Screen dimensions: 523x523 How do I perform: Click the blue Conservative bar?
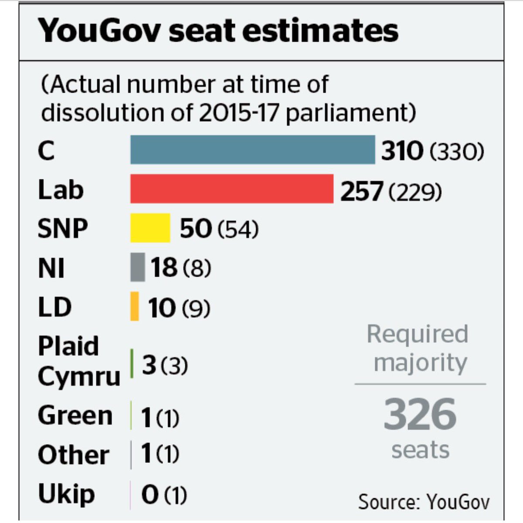coord(252,149)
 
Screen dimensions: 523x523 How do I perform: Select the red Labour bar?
coord(232,189)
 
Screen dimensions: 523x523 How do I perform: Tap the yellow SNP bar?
coord(150,228)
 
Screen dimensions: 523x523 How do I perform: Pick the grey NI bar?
coord(137,267)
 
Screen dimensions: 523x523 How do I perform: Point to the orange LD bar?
coord(135,306)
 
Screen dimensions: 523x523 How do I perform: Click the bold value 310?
coord(402,151)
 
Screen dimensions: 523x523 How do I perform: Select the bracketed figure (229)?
coord(415,192)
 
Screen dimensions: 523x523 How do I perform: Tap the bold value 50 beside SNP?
coord(196,229)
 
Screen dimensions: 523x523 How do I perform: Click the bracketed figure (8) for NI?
coord(197,268)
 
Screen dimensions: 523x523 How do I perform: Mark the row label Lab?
coord(60,190)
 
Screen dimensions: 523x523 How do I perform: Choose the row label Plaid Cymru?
coord(78,361)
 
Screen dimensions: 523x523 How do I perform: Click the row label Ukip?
coord(66,494)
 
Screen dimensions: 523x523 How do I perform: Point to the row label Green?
coord(75,415)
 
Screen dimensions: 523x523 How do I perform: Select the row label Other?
coord(73,455)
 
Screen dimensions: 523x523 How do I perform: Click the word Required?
coord(417,334)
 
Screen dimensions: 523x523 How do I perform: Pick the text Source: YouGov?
coord(424,502)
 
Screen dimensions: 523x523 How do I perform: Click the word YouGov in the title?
coord(99,31)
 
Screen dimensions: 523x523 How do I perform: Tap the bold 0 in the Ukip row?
coord(150,495)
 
